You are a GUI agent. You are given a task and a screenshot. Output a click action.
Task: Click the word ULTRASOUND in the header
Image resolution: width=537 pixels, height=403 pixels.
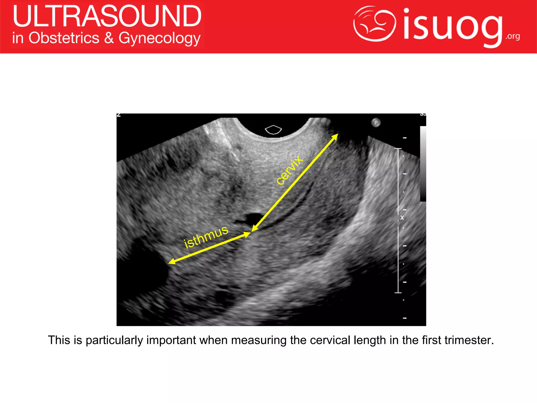(107, 16)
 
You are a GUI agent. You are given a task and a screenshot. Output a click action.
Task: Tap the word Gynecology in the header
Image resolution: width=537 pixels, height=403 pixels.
(159, 39)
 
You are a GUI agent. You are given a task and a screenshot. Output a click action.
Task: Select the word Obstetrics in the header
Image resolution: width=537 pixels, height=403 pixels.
(64, 38)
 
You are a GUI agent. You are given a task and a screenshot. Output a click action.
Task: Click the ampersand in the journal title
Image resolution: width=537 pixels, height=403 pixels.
(109, 38)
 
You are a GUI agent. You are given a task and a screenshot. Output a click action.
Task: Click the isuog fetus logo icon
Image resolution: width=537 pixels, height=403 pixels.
(374, 24)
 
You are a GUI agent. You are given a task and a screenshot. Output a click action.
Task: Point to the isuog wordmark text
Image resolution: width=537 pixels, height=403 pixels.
(453, 26)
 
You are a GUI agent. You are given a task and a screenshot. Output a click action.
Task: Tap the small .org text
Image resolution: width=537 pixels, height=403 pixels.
(513, 36)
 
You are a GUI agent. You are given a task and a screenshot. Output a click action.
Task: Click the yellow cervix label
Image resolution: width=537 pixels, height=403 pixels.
(289, 170)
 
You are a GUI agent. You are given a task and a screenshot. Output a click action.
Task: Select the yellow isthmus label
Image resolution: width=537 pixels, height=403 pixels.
(206, 237)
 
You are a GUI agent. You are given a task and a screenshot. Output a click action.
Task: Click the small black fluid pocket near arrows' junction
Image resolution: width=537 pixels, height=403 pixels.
(253, 218)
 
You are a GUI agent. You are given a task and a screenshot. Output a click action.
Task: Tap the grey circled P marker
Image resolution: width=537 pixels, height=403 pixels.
(376, 123)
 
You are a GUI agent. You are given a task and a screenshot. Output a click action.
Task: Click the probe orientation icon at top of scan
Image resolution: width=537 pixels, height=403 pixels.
(273, 129)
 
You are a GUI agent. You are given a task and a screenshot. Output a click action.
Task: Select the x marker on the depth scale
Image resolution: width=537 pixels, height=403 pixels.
(402, 218)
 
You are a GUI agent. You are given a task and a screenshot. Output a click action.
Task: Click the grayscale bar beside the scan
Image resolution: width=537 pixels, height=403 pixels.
(423, 164)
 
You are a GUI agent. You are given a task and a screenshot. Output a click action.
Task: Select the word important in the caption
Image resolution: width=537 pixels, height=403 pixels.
(171, 340)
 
